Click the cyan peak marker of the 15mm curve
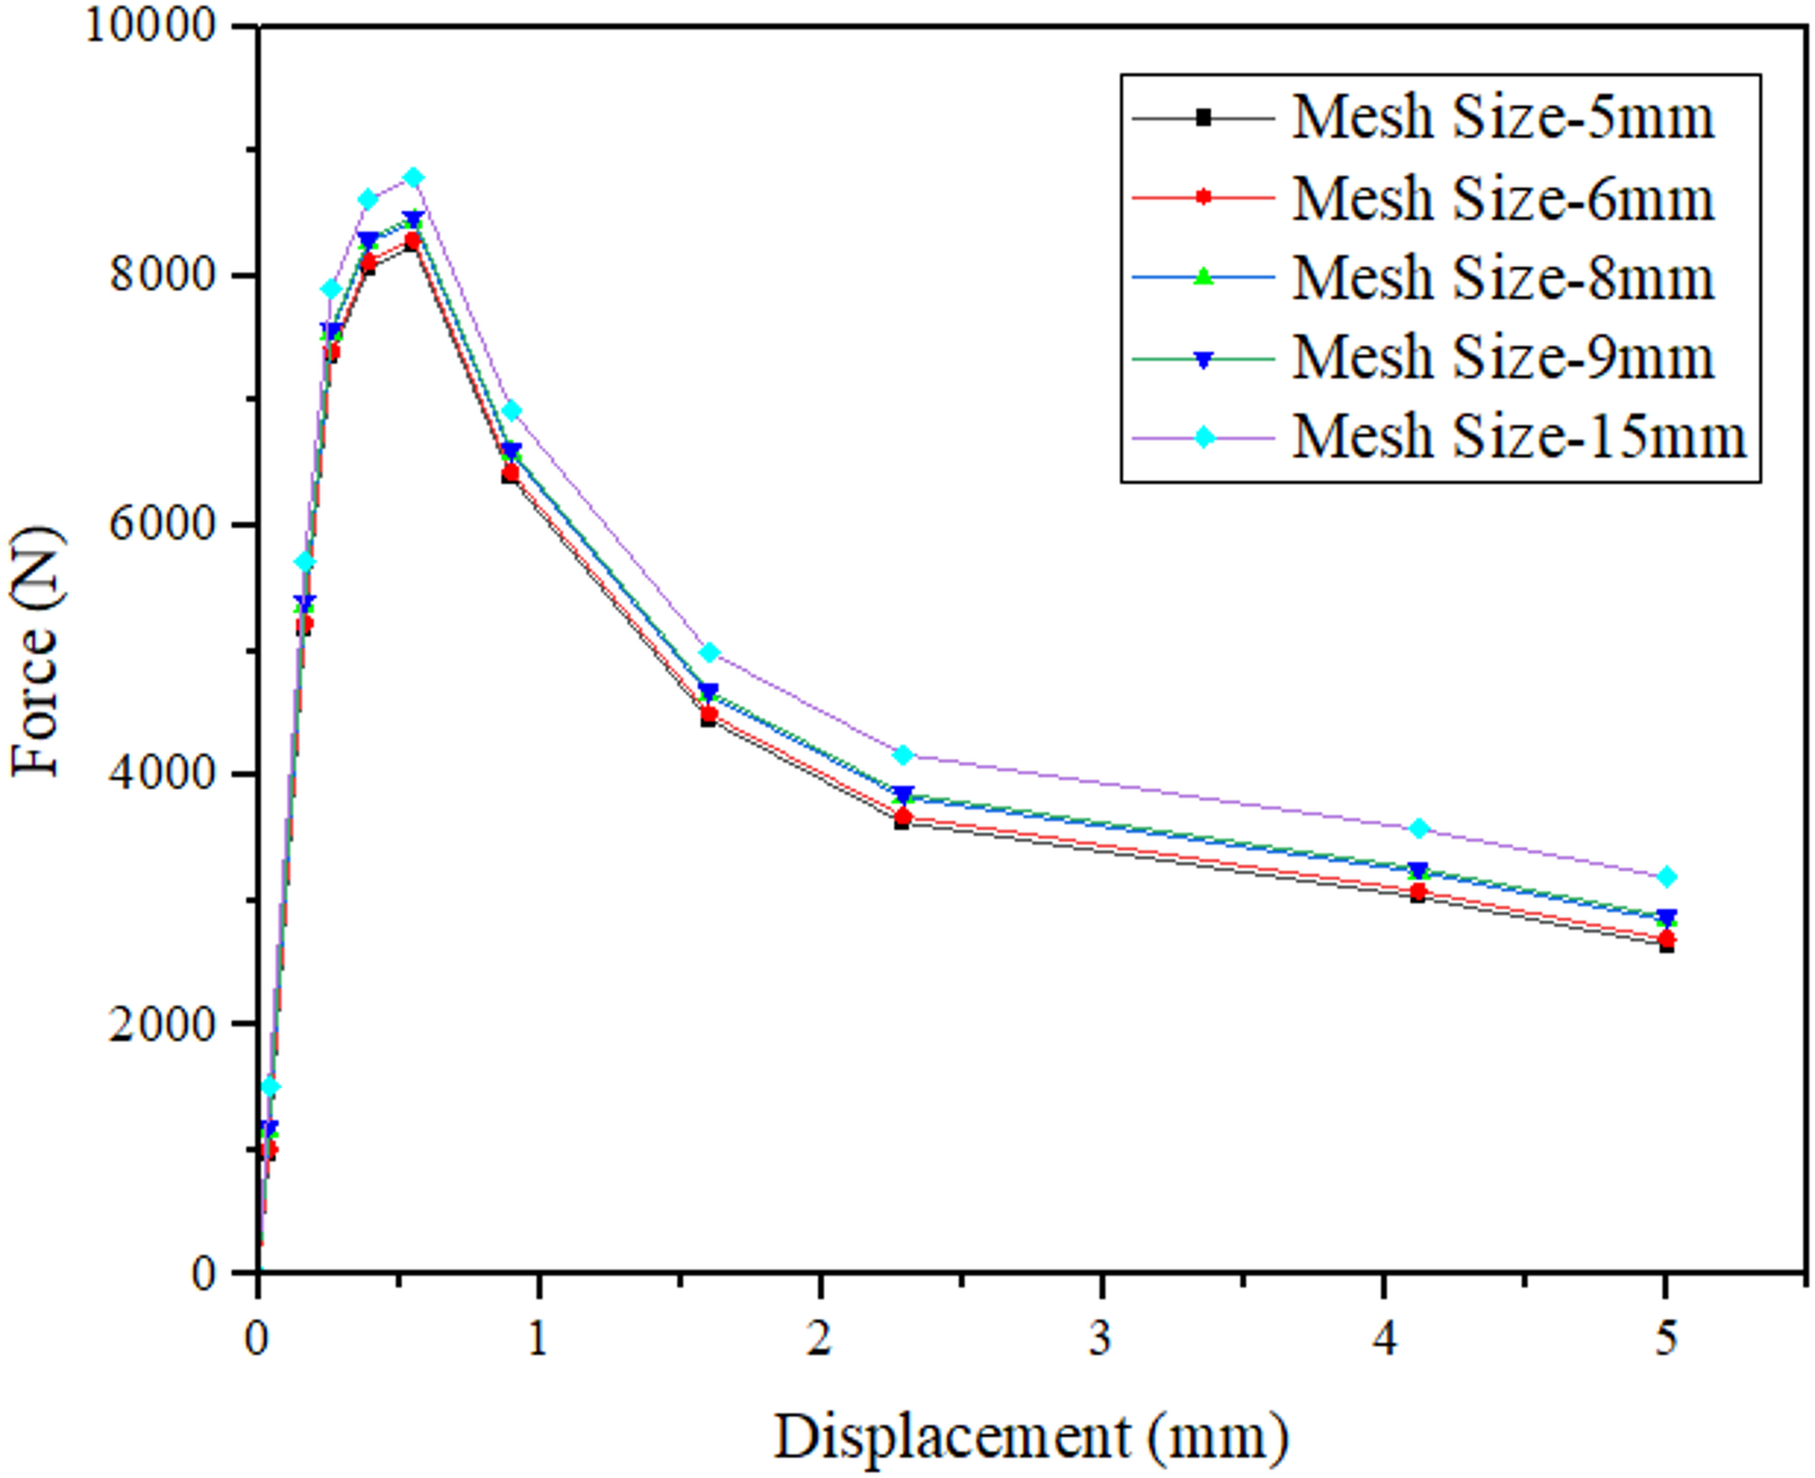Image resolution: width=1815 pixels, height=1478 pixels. click(x=413, y=177)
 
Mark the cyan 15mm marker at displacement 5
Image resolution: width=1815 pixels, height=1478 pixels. click(x=1667, y=877)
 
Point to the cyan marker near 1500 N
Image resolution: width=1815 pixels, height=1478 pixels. click(x=269, y=1087)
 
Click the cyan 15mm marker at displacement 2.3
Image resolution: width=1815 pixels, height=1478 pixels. click(x=902, y=755)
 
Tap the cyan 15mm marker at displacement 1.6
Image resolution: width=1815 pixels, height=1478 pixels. click(x=710, y=652)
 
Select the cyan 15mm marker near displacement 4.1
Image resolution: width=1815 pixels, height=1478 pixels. click(x=1418, y=828)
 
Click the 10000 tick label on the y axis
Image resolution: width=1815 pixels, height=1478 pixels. click(x=151, y=25)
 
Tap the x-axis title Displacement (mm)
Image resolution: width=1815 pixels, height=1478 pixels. click(x=1030, y=1437)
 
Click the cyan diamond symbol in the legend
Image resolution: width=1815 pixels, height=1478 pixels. click(x=1204, y=438)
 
